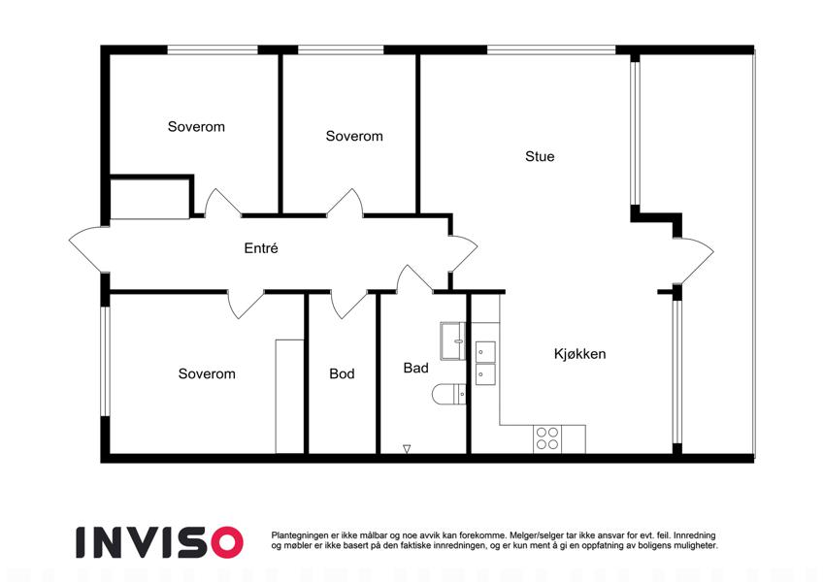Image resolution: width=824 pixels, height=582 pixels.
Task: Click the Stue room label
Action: pyautogui.click(x=540, y=156)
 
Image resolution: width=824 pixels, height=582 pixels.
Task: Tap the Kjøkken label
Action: pyautogui.click(x=579, y=354)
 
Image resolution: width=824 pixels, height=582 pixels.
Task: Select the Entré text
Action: pyautogui.click(x=261, y=248)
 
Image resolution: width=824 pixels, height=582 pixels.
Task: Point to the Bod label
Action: pyautogui.click(x=342, y=373)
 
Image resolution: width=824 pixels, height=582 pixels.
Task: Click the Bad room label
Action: pyautogui.click(x=415, y=368)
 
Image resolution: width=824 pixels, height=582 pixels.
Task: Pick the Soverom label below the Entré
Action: pyautogui.click(x=207, y=374)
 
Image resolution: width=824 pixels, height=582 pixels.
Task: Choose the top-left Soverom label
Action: pyautogui.click(x=196, y=127)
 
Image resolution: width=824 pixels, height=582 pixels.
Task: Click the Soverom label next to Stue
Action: pyautogui.click(x=354, y=136)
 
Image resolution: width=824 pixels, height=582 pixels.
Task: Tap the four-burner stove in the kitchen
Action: pyautogui.click(x=547, y=438)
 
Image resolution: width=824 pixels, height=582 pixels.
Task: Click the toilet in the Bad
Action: pyautogui.click(x=448, y=394)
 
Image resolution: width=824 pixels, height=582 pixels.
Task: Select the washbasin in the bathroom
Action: pyautogui.click(x=452, y=340)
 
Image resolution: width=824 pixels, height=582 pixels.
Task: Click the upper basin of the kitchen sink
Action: pyautogui.click(x=485, y=352)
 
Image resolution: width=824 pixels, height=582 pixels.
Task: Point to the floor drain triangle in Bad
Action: pyautogui.click(x=407, y=448)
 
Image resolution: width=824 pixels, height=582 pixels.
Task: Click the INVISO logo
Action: pyautogui.click(x=160, y=542)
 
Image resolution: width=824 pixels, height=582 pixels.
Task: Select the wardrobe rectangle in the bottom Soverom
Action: pyautogui.click(x=289, y=396)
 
